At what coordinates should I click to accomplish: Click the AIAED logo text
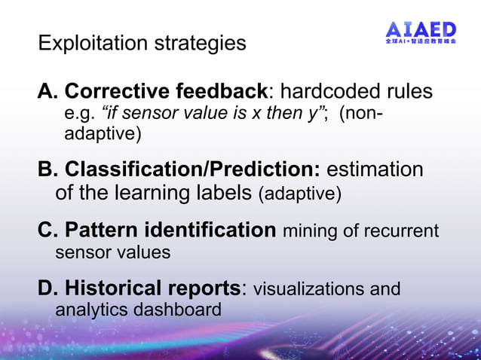click(421, 30)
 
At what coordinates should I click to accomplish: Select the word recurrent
click(402, 231)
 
